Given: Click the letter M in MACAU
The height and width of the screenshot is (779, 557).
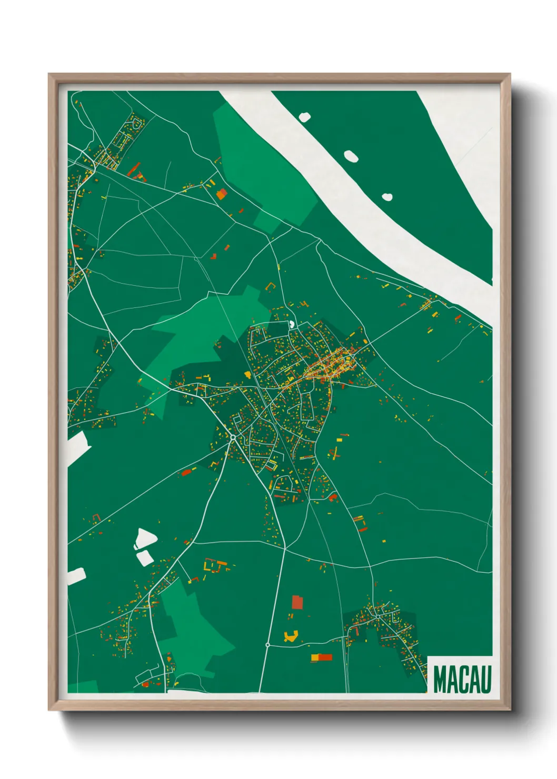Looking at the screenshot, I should (441, 680).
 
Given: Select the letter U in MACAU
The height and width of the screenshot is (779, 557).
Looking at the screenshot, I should (486, 680).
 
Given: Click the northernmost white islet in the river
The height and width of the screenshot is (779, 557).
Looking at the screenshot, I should (305, 116).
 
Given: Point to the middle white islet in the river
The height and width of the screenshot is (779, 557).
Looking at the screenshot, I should (351, 156).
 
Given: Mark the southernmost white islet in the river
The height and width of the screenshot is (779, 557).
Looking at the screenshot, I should (387, 197).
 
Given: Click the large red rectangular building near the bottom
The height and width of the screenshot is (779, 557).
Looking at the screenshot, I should (297, 602).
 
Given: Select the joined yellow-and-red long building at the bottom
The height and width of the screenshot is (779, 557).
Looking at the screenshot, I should (322, 657).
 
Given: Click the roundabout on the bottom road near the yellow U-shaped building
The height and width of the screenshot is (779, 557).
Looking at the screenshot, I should (268, 644).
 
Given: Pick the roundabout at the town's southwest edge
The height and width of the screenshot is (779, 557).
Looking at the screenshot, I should (233, 437).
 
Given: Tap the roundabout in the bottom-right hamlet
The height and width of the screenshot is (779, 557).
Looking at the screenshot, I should (377, 616).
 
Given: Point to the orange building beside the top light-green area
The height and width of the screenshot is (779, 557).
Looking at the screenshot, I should (222, 194).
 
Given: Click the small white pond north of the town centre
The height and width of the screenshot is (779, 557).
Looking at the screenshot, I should (291, 324).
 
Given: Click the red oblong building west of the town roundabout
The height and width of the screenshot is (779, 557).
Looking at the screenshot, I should (186, 472).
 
